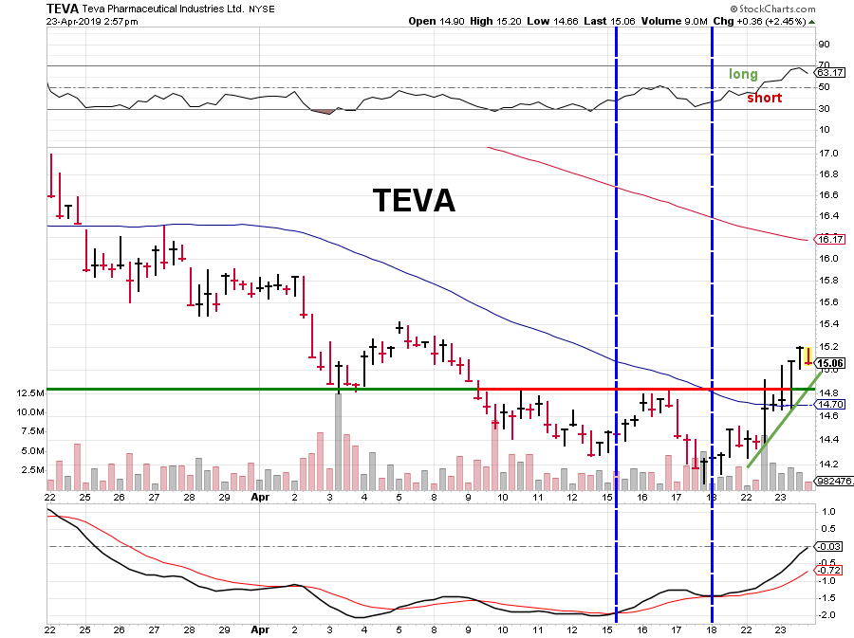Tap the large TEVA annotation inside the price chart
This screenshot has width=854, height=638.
point(413,200)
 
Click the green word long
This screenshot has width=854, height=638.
point(743,74)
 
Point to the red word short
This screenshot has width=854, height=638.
point(764,98)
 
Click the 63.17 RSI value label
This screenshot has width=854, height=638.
point(829,72)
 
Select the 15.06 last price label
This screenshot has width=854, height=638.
point(829,363)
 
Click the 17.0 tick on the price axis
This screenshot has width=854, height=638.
point(827,154)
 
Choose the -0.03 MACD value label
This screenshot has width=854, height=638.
point(829,546)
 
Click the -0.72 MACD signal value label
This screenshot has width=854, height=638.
point(829,569)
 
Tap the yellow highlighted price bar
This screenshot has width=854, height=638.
point(808,355)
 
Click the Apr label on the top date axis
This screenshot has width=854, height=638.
point(260,497)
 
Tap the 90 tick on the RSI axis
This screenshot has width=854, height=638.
point(825,45)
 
